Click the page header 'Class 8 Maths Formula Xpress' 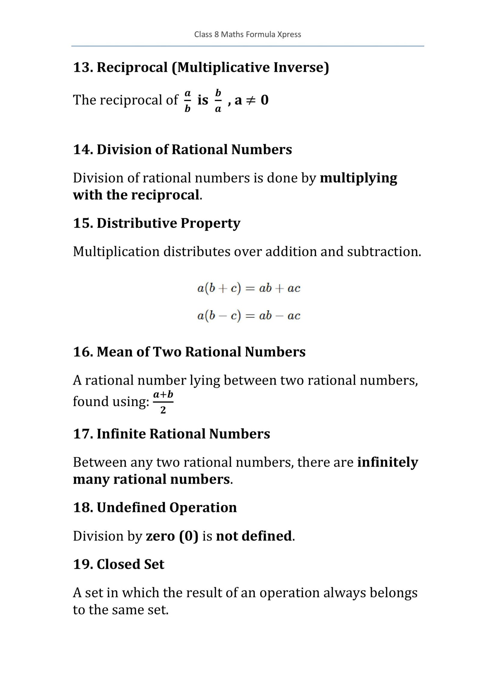[247, 35]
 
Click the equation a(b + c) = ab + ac [249, 288]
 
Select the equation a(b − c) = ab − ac [249, 316]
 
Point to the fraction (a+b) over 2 [163, 402]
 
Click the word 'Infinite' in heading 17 [121, 434]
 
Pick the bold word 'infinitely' [388, 462]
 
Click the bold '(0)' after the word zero [189, 536]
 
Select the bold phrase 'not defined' [254, 536]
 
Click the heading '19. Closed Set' [119, 564]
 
